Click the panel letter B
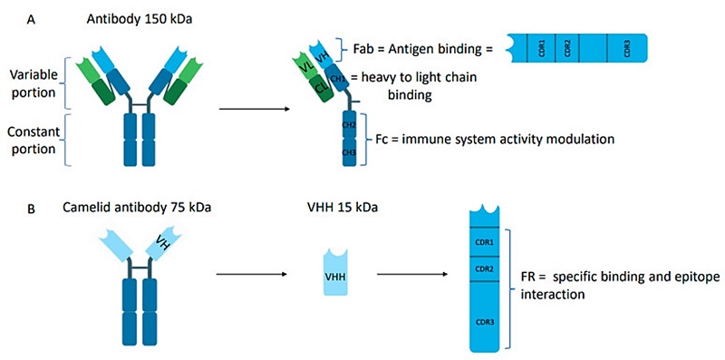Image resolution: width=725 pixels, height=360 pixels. click(x=33, y=208)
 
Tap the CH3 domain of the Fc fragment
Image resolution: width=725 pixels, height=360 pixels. click(x=347, y=154)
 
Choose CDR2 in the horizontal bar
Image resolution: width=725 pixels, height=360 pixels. click(x=566, y=47)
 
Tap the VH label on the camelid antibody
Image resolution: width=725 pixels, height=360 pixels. click(x=164, y=244)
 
